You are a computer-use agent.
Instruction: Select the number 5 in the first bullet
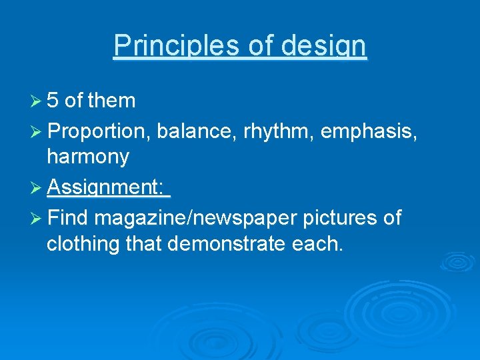click(53, 101)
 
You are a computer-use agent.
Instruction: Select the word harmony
click(88, 157)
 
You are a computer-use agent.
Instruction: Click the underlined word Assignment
click(105, 189)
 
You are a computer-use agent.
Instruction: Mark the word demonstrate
click(227, 245)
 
